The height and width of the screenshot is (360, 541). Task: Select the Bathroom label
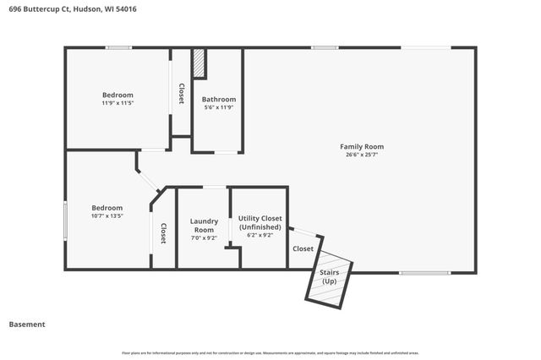click(x=218, y=99)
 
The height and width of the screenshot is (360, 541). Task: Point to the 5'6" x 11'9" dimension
click(x=218, y=107)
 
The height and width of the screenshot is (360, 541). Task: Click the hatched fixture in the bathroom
click(x=199, y=64)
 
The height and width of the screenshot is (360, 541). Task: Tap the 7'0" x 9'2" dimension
click(x=204, y=238)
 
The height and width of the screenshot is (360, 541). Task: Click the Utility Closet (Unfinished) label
click(x=260, y=223)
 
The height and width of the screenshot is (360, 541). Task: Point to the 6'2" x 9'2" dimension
click(x=260, y=236)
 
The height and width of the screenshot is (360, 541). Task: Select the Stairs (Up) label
click(x=328, y=276)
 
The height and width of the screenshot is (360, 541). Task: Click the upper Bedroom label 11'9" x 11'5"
click(x=117, y=95)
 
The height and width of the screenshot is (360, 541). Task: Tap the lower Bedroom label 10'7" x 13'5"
click(x=107, y=208)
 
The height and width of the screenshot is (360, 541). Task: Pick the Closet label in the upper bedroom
click(x=181, y=93)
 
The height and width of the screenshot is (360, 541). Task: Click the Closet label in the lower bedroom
click(x=163, y=233)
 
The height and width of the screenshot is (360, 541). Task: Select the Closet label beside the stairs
click(x=303, y=248)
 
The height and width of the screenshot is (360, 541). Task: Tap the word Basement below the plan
click(x=27, y=324)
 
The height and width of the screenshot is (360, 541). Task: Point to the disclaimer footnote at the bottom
click(x=270, y=352)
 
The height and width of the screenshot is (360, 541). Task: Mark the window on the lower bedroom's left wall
click(x=66, y=221)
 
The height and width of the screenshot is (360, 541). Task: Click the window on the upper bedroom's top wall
click(x=118, y=47)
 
